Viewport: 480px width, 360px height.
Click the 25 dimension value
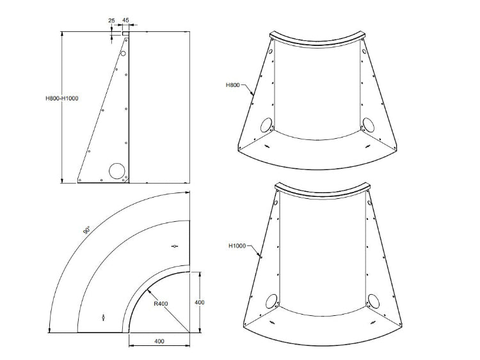pyautogui.click(x=112, y=21)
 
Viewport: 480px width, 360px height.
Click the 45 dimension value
pyautogui.click(x=125, y=21)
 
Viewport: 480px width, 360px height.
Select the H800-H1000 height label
pyautogui.click(x=61, y=98)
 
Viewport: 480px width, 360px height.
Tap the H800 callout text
pyautogui.click(x=234, y=84)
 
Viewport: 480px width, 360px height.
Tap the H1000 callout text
pyautogui.click(x=237, y=246)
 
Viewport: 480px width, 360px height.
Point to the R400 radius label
pyautogui.click(x=161, y=304)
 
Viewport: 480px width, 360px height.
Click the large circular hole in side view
pyautogui.click(x=116, y=171)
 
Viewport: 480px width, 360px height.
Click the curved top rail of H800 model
pyautogui.click(x=317, y=40)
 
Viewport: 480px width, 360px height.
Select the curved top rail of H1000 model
pyautogui.click(x=322, y=192)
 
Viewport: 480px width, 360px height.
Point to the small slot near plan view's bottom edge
pyautogui.click(x=104, y=317)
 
